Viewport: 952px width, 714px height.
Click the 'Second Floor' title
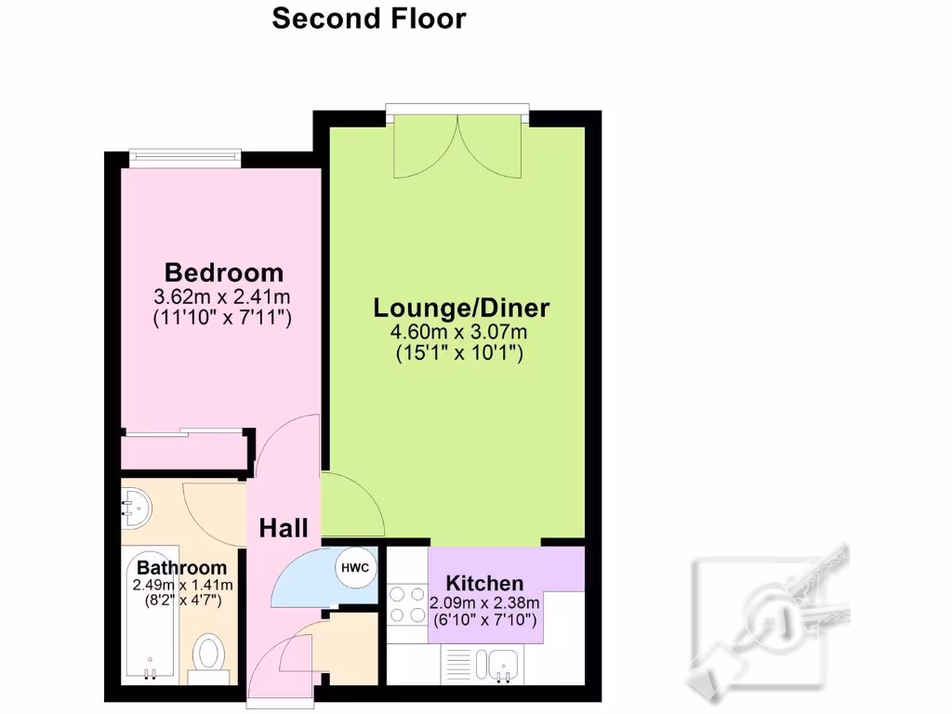[368, 19]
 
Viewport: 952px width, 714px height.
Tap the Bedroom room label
[223, 273]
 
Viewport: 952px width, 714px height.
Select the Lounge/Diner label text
[461, 308]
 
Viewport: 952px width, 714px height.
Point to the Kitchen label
[484, 584]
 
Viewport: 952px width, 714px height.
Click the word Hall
[284, 529]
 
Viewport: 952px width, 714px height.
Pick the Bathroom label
[181, 567]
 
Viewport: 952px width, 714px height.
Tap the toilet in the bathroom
[211, 654]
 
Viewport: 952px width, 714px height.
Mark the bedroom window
[185, 156]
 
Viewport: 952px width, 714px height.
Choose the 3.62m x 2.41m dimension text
[223, 298]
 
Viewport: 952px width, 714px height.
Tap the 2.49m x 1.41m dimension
[182, 585]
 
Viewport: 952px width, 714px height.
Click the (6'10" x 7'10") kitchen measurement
[484, 619]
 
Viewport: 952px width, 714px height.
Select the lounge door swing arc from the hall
[353, 507]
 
